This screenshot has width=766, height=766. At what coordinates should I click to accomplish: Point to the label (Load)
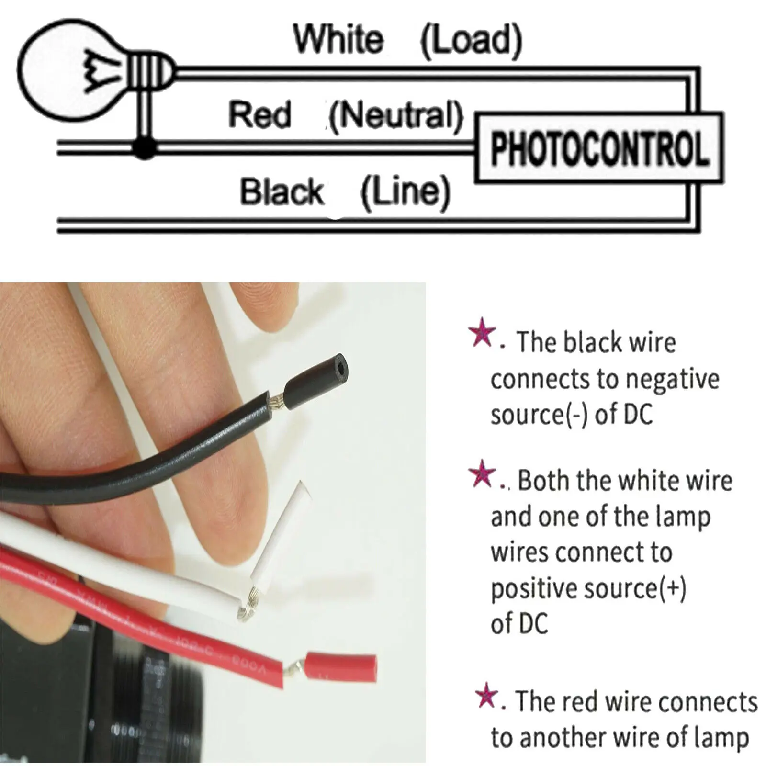click(471, 40)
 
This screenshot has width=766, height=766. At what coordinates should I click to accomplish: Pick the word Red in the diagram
click(259, 115)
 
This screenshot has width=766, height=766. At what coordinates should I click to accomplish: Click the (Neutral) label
click(396, 116)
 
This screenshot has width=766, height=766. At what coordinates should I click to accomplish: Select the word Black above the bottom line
click(282, 191)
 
